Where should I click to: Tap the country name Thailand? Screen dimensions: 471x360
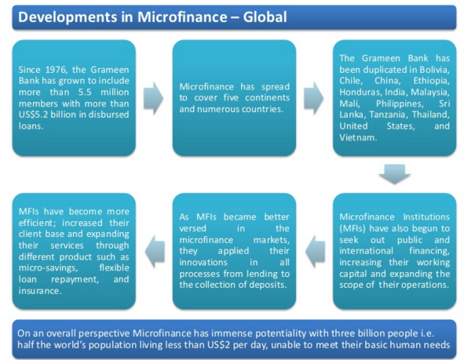click(x=431, y=115)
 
